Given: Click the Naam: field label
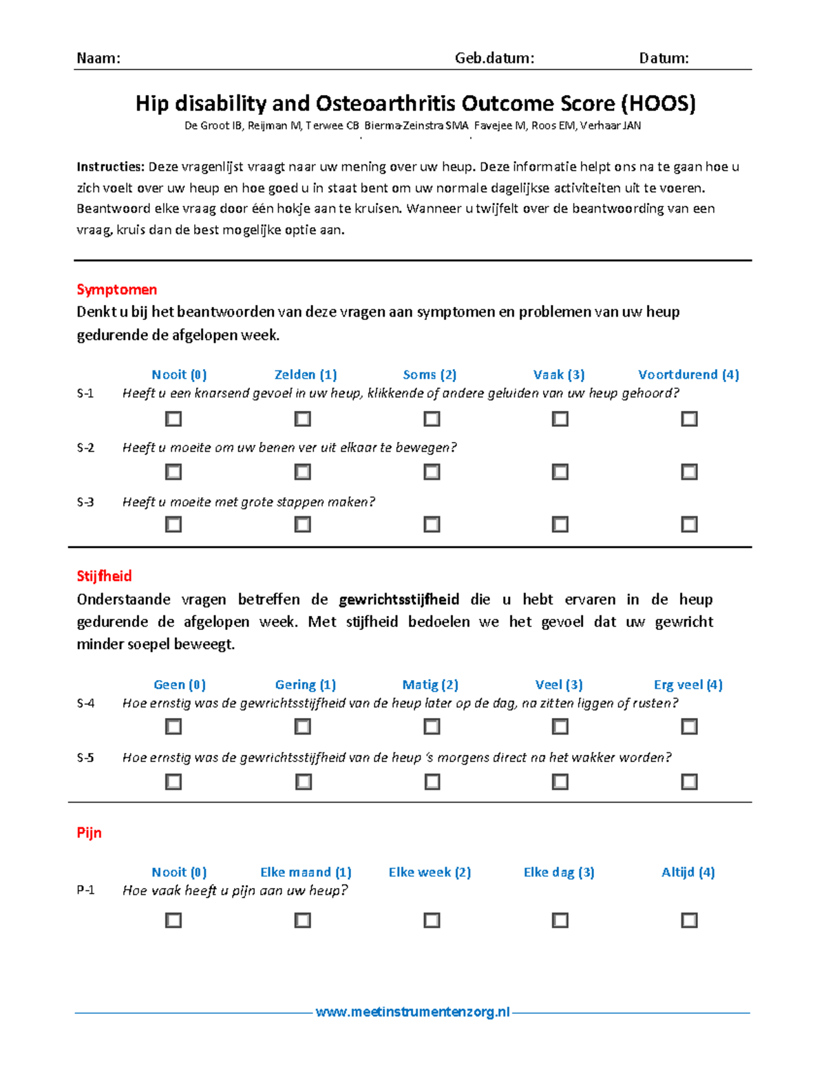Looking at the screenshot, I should [98, 58].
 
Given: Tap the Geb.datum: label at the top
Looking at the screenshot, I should [494, 58].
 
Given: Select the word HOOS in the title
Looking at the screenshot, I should [658, 103].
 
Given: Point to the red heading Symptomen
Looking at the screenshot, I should [116, 289].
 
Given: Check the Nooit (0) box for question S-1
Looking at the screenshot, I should [173, 419].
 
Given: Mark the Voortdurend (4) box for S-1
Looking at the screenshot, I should [689, 419].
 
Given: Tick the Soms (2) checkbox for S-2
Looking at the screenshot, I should [432, 472].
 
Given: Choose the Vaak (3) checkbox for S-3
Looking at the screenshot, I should [560, 525].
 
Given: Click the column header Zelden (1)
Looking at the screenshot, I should [306, 374].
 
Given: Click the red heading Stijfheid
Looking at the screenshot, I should [104, 575].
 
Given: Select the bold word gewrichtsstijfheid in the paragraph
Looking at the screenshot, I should [399, 599].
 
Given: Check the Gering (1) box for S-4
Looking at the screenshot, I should [302, 726].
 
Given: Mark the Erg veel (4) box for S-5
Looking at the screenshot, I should [689, 781].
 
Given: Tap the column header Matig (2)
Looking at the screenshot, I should [430, 684].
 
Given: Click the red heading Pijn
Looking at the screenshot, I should [89, 832].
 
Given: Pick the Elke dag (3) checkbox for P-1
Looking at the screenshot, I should [560, 920].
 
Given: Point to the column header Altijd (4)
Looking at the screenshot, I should [688, 872].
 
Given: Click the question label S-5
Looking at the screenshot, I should [85, 758].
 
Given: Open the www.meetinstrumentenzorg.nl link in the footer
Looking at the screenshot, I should [413, 1012].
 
